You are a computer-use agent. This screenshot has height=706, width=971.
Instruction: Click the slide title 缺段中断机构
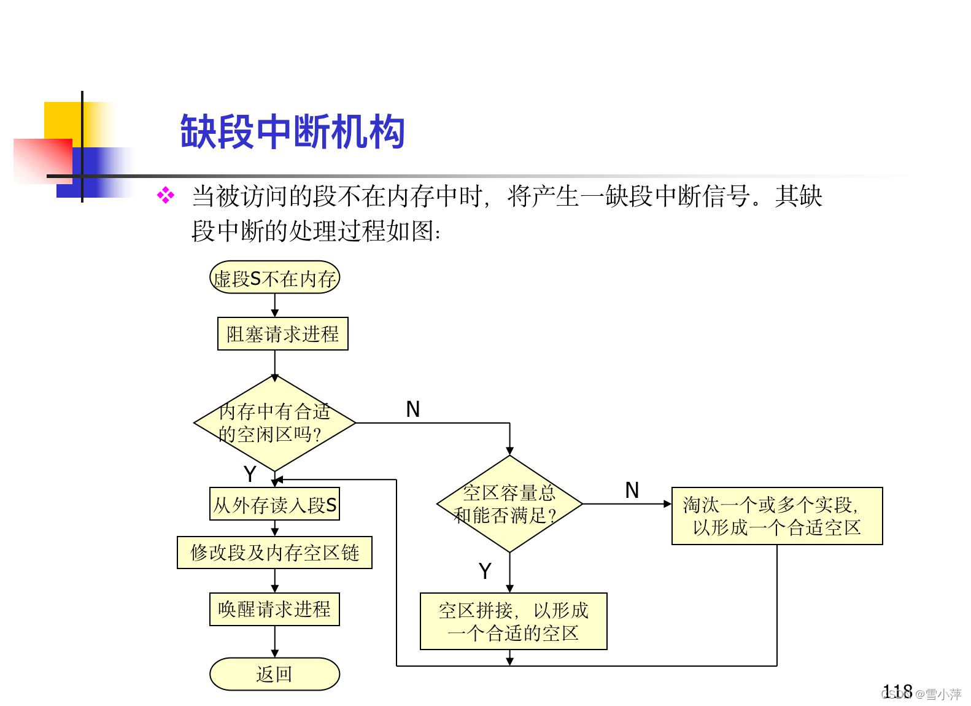[292, 131]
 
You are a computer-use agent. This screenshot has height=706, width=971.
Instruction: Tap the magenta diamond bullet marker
[166, 196]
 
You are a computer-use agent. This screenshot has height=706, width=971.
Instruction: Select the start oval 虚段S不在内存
[274, 278]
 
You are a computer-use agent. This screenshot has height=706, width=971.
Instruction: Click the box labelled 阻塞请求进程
[282, 334]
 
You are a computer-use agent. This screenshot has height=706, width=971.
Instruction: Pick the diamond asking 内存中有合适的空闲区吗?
[274, 423]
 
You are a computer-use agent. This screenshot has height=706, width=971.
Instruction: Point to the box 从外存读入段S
[274, 505]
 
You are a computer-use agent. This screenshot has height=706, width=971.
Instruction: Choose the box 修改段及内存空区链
[274, 553]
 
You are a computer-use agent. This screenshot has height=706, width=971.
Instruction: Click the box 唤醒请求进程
[274, 609]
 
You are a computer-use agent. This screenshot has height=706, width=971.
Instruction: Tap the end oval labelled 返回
[274, 674]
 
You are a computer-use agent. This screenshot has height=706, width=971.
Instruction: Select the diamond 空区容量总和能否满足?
[509, 504]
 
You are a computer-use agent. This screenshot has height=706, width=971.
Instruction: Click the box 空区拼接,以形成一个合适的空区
[513, 621]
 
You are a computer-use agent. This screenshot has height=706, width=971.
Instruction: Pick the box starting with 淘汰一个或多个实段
[776, 516]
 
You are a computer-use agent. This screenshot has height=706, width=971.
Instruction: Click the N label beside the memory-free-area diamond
[413, 409]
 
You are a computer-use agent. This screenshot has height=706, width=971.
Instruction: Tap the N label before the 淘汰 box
[632, 491]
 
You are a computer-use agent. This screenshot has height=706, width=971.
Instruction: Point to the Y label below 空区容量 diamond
[485, 571]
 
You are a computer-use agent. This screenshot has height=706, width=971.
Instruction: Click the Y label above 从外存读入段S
[249, 473]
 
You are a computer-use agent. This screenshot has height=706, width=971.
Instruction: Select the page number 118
[897, 691]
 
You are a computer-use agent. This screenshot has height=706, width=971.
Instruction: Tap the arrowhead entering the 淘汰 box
[668, 504]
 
